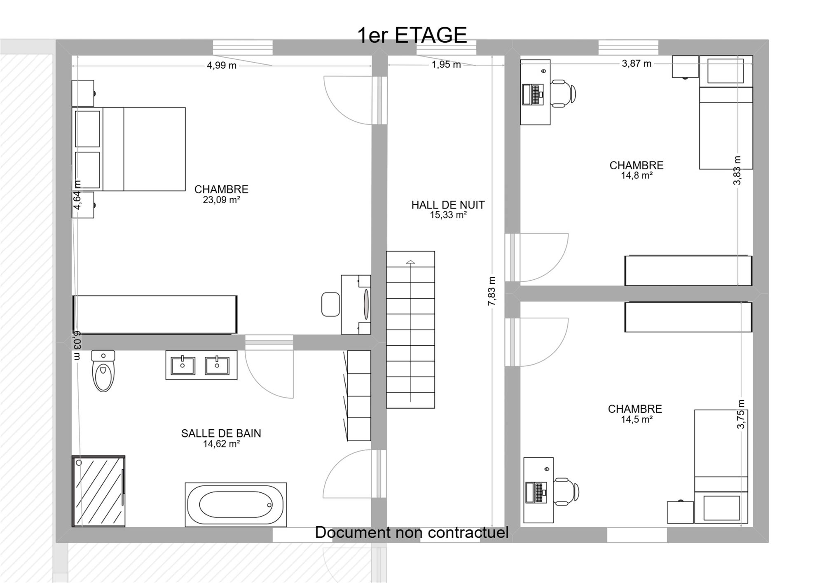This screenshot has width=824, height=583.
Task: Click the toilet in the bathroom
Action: pos(103,371)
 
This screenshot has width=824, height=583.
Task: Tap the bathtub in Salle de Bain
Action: pos(236,505)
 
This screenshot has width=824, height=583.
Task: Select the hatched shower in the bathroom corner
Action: pos(98,491)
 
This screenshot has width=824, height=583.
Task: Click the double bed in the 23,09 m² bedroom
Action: pos(129,149)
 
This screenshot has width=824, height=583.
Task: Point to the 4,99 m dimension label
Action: pos(222,66)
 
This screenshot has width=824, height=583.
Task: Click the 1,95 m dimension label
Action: pos(446,65)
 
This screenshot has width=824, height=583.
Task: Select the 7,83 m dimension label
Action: pos(492,291)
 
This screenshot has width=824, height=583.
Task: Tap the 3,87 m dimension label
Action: pos(637,63)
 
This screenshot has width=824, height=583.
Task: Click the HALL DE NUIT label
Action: pos(448,205)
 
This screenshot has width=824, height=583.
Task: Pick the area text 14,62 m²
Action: pos(221,444)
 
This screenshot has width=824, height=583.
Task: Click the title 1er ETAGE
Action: pos(412,35)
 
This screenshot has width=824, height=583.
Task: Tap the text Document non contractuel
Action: pos(412,532)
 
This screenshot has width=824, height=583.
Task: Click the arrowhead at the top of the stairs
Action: pos(410,262)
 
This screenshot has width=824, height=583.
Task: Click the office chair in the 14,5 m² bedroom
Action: pos(566,492)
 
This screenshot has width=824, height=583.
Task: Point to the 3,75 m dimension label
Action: pos(741,414)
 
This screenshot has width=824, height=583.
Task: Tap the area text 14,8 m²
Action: pos(637,176)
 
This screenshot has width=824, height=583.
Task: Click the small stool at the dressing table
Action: pos(330,304)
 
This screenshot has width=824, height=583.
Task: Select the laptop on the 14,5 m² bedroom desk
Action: pos(536,492)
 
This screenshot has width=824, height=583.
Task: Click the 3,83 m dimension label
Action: pos(737,170)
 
